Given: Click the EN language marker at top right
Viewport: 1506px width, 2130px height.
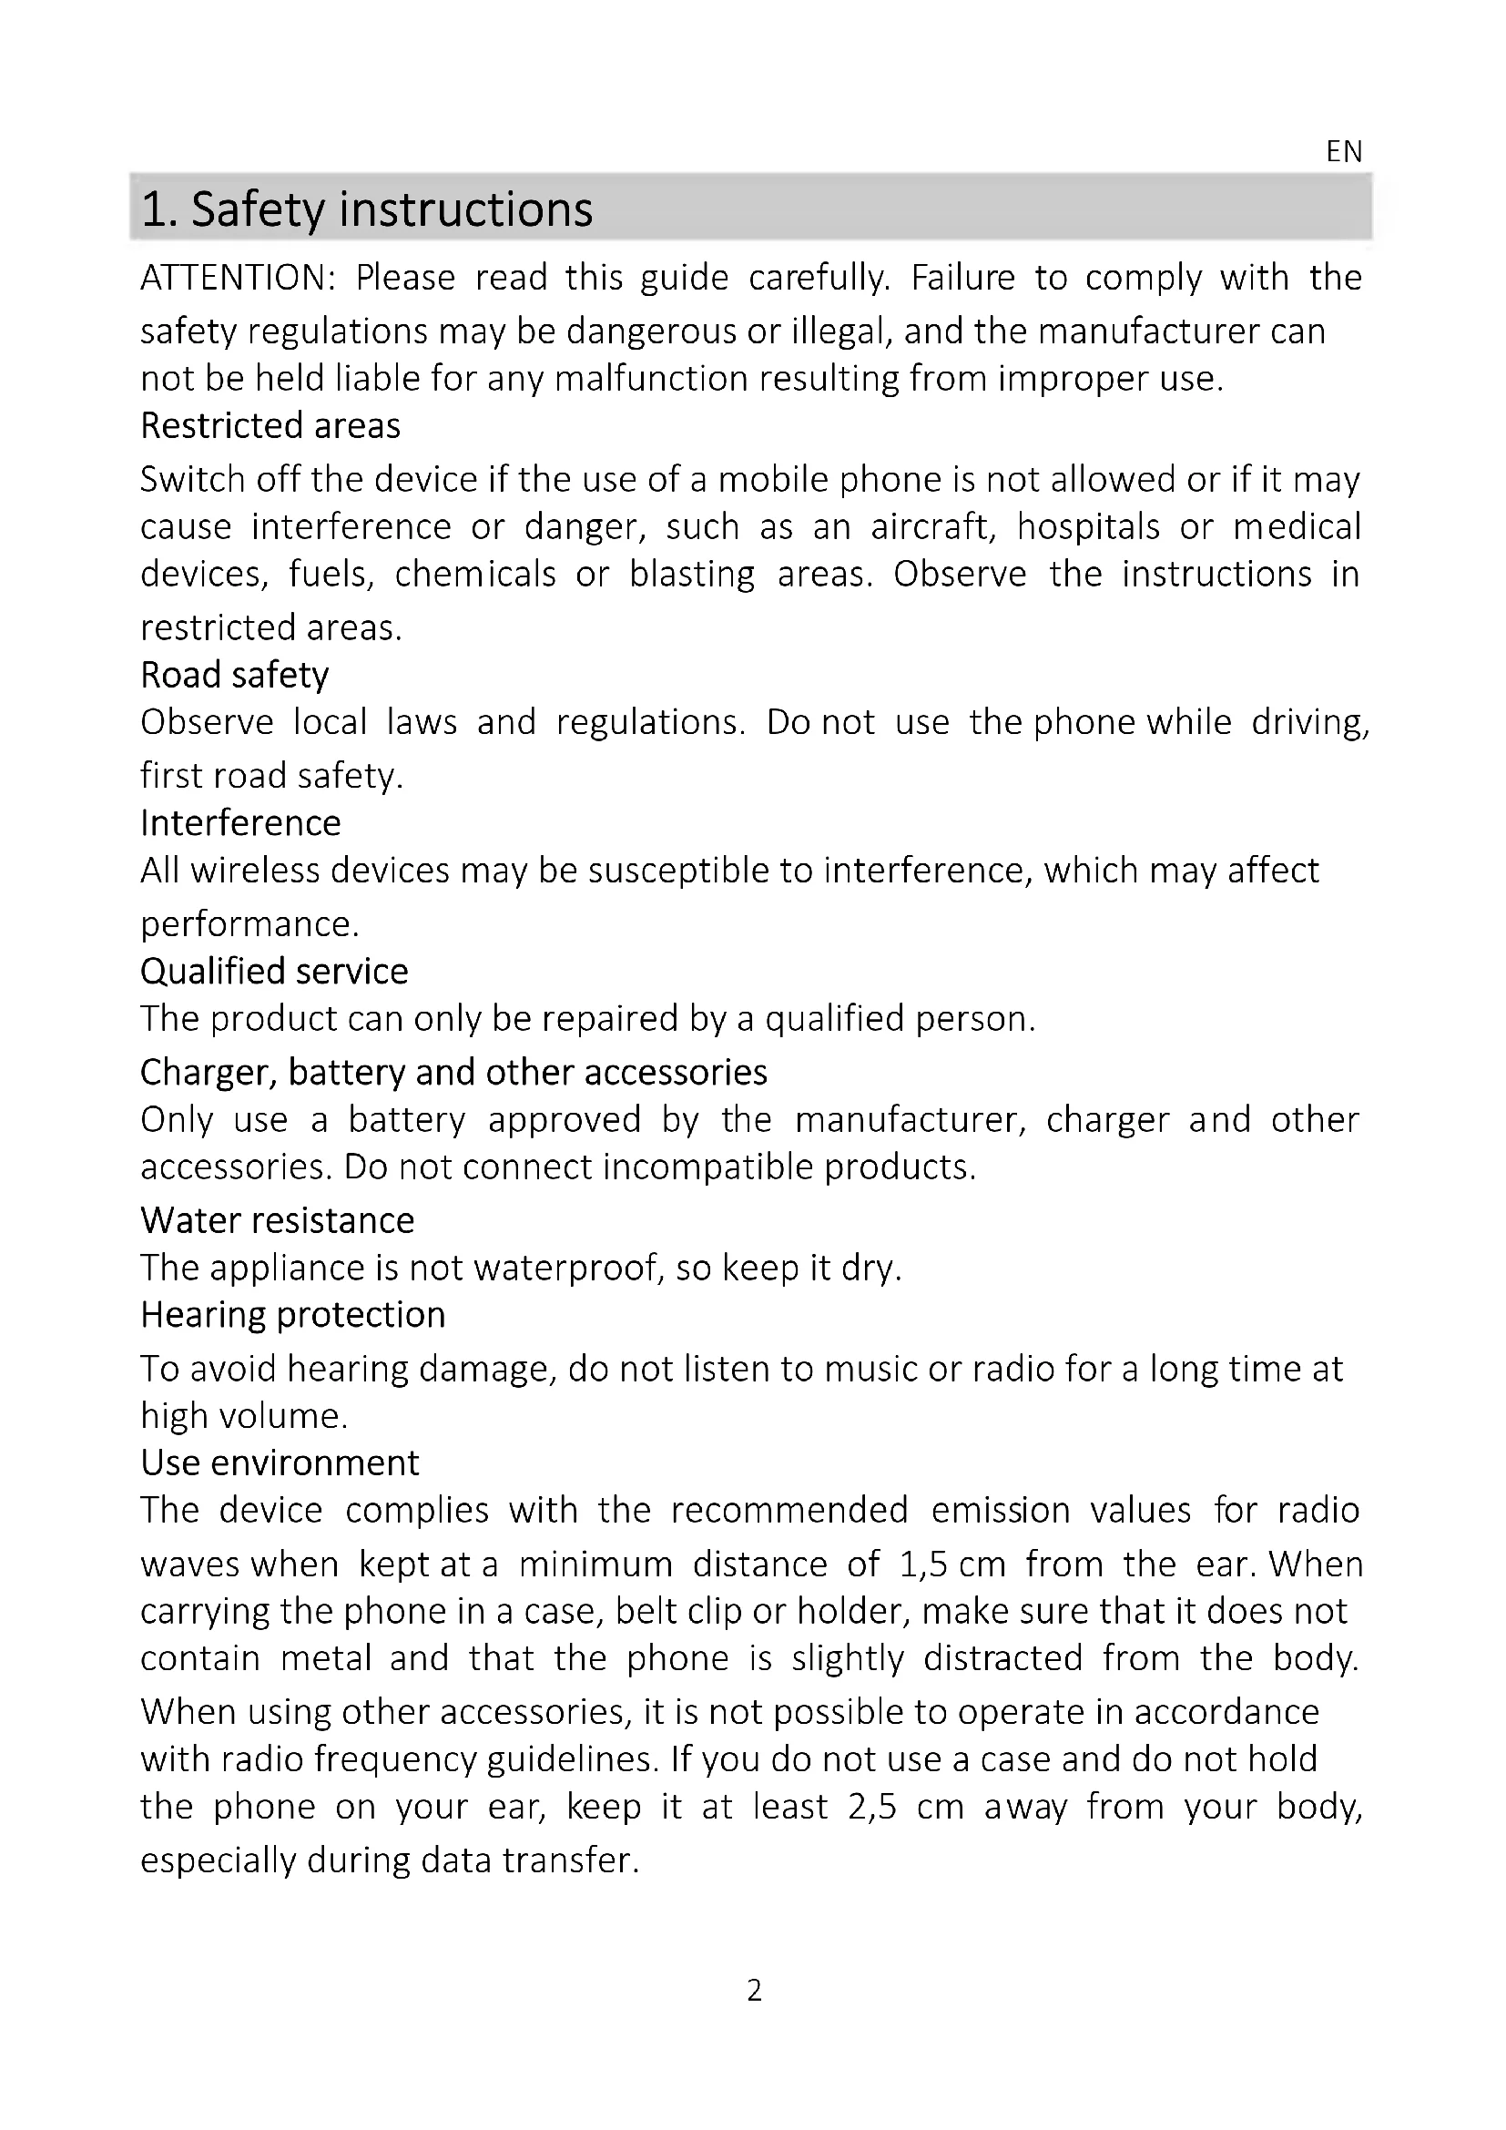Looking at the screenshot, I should [x=1344, y=151].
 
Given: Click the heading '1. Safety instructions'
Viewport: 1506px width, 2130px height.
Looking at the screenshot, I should [x=366, y=209].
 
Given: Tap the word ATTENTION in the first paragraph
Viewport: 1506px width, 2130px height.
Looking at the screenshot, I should [x=238, y=278].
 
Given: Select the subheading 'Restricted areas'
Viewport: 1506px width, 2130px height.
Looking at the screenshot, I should [x=270, y=426].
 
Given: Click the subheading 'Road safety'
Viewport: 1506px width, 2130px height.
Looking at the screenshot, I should [x=235, y=676].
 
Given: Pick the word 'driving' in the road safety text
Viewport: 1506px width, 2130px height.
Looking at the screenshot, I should [x=1308, y=722].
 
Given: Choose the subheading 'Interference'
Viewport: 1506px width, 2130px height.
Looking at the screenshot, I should [x=240, y=823].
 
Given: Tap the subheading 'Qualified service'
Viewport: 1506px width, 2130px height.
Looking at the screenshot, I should [x=273, y=972].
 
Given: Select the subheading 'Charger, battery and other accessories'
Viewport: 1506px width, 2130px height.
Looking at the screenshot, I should [x=453, y=1073].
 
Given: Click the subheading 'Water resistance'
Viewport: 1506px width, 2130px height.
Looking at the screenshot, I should [x=278, y=1221].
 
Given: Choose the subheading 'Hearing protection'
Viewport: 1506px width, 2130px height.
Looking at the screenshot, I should [x=293, y=1316].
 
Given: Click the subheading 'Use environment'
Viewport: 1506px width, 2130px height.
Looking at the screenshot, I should [x=280, y=1463].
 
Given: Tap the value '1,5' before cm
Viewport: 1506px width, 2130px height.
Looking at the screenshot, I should [x=922, y=1565].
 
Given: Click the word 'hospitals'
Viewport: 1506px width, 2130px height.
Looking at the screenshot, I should [x=1088, y=527].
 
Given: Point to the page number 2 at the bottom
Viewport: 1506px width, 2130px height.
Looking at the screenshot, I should [x=754, y=1991].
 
